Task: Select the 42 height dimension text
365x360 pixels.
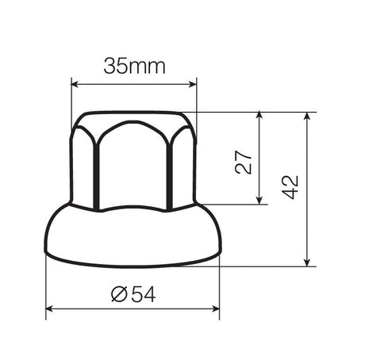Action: point(290,188)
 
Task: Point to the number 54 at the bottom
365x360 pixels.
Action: point(141,295)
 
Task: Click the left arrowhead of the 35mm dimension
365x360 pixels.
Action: point(75,83)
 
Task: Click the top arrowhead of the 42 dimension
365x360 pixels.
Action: point(306,116)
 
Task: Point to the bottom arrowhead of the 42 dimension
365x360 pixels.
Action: point(306,262)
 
